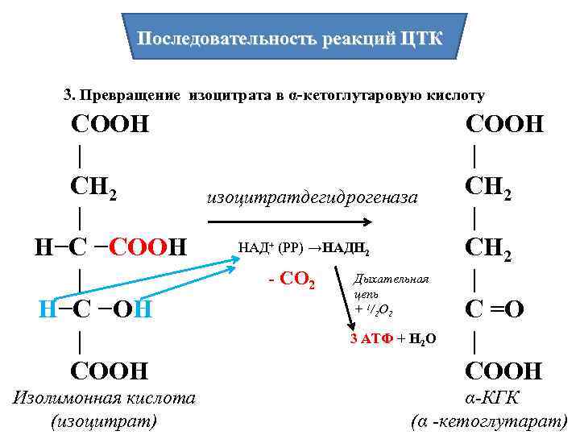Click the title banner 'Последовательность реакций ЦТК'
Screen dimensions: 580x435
point(289,39)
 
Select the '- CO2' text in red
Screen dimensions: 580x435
point(294,282)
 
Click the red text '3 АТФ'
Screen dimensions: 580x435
point(370,339)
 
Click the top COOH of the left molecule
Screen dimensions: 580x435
point(110,125)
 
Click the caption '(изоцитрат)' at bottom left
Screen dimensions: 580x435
point(104,420)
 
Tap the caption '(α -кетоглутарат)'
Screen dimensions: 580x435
point(489,420)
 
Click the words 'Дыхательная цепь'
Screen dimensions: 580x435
point(391,286)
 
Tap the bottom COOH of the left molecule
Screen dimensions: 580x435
point(110,371)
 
